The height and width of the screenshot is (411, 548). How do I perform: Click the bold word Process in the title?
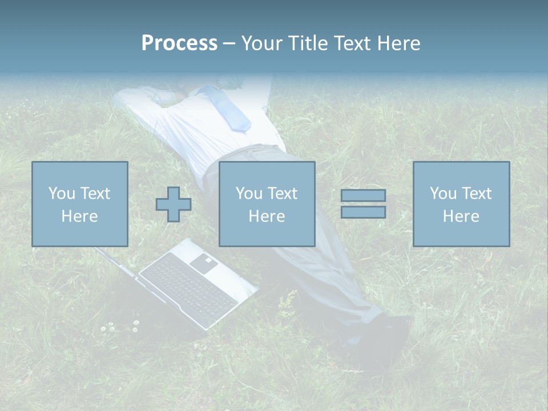click(179, 43)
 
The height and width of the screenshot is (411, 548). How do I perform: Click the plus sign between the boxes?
click(174, 204)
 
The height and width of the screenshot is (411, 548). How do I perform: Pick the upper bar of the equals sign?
click(363, 195)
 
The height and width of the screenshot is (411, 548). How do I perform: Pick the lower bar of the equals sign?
click(363, 212)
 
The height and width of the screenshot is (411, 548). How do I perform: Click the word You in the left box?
click(61, 194)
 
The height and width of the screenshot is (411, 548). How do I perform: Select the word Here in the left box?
click(79, 216)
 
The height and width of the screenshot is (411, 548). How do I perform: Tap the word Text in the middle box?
click(282, 194)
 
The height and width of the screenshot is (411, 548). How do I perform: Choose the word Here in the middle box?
click(267, 216)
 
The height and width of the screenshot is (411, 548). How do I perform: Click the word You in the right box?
click(443, 194)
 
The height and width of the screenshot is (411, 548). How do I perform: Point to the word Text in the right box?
click(476, 194)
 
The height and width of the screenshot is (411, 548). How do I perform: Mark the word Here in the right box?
click(461, 216)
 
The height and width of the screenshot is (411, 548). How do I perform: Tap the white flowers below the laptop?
click(120, 327)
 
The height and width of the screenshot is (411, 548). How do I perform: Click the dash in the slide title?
click(229, 44)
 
